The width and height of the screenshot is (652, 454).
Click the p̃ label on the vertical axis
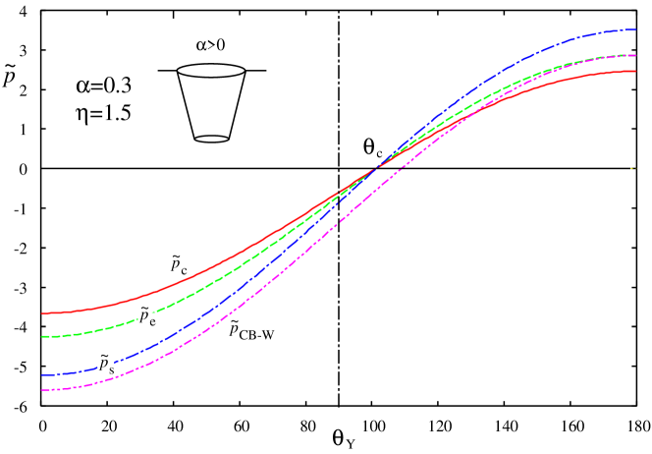[9, 75]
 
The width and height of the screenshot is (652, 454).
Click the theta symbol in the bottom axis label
[338, 436]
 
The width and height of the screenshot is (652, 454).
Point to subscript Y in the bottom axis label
[350, 444]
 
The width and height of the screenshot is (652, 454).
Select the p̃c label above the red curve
[177, 262]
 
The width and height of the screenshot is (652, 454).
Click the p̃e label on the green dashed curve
[146, 314]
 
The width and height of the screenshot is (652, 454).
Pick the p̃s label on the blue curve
[105, 363]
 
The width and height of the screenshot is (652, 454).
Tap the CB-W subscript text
[256, 335]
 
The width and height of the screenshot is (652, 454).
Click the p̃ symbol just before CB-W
[233, 327]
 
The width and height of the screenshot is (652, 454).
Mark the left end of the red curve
[42, 313]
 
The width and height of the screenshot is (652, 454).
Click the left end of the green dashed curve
[42, 337]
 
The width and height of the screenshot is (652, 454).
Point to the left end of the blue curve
[42, 374]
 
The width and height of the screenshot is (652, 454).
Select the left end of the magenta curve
[42, 390]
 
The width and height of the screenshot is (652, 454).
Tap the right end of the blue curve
[636, 30]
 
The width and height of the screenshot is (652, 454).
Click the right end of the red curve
[636, 71]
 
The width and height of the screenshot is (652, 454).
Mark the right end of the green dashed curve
[636, 55]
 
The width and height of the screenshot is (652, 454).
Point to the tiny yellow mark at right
[632, 168]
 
